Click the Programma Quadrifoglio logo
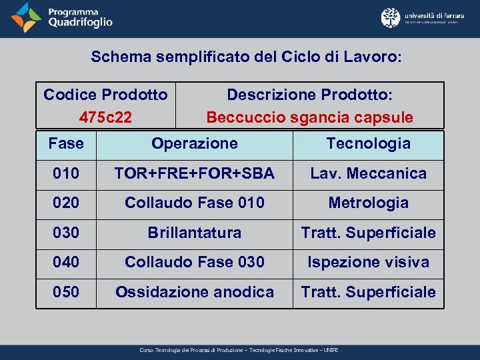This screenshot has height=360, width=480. click(x=63, y=18)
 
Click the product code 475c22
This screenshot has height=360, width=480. click(x=105, y=117)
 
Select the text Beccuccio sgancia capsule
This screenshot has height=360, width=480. click(x=309, y=117)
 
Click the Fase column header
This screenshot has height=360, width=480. click(x=66, y=143)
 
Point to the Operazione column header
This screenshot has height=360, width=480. click(x=194, y=143)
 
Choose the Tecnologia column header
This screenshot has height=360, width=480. click(x=368, y=143)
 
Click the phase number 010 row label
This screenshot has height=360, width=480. click(x=66, y=173)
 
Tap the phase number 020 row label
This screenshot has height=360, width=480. click(x=66, y=203)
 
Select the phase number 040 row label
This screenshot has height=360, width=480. click(x=66, y=262)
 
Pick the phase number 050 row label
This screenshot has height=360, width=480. click(x=66, y=291)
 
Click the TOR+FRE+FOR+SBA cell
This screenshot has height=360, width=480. click(x=194, y=173)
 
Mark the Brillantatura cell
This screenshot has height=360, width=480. click(x=194, y=233)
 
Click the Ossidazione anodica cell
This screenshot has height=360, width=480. click(x=194, y=291)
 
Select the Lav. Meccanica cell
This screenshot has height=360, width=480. click(x=368, y=173)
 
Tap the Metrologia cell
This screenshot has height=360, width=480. click(x=368, y=203)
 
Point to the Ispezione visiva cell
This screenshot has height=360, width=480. click(x=368, y=262)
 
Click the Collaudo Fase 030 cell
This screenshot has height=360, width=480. click(x=194, y=262)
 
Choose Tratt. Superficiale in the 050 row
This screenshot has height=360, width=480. click(x=368, y=291)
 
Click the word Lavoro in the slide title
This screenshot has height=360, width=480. click(x=371, y=57)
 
